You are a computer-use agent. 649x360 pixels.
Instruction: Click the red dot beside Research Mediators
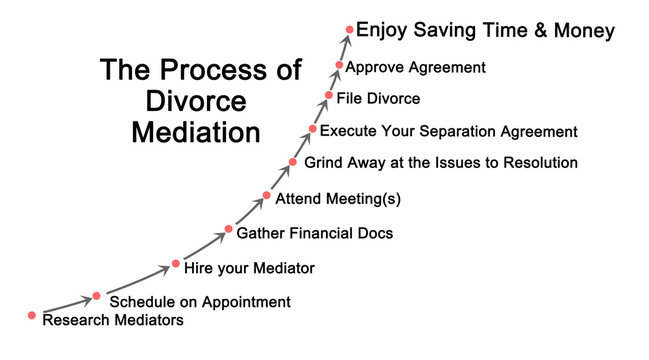33,315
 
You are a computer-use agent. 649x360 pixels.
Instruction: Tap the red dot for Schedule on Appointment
97,296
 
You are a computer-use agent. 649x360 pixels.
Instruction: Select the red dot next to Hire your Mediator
176,263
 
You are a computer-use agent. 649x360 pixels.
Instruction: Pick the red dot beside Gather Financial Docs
229,231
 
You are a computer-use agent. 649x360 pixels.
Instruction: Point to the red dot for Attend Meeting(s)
267,196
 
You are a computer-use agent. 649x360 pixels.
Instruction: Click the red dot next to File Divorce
328,96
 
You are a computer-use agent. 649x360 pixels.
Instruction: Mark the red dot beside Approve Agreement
340,65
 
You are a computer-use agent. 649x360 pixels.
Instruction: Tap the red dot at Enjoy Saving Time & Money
349,30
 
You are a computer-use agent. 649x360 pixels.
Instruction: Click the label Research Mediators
114,321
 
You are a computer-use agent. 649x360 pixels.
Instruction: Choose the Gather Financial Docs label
315,233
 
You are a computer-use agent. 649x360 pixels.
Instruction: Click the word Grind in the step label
324,162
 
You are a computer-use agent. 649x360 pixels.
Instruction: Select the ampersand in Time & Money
541,31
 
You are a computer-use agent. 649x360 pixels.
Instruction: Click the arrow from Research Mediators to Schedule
65,306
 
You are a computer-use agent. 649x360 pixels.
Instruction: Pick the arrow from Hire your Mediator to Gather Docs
203,248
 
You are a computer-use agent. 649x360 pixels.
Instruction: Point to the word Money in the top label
584,31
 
